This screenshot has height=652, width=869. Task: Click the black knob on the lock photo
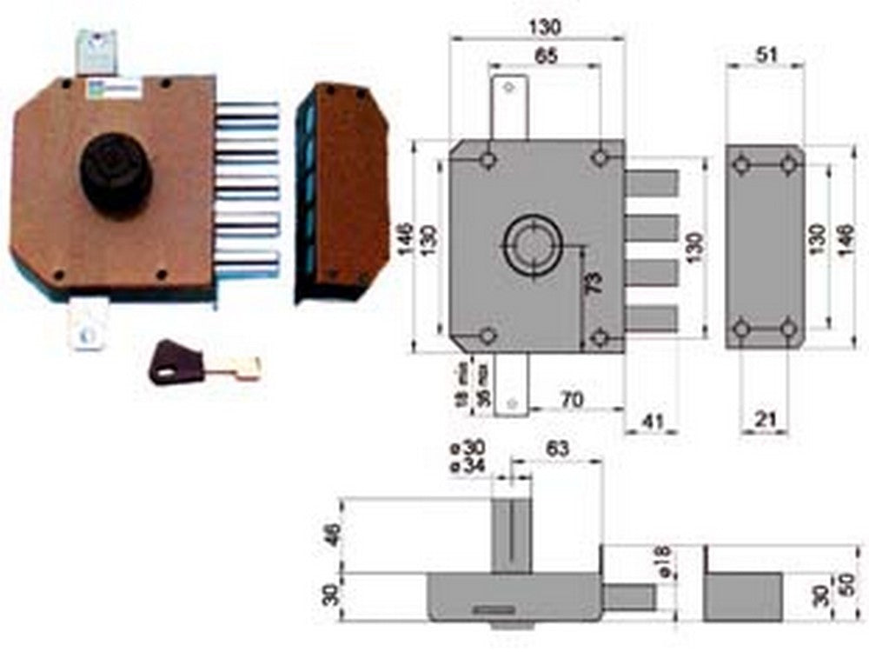[116, 173]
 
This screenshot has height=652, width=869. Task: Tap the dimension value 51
[766, 54]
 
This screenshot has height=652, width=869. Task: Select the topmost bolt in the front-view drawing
[651, 183]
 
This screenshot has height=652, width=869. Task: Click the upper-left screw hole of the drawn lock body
[488, 161]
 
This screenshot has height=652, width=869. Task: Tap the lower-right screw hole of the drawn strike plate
[788, 329]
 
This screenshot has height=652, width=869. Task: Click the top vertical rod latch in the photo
[96, 52]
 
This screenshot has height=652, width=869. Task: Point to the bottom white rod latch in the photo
[87, 324]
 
